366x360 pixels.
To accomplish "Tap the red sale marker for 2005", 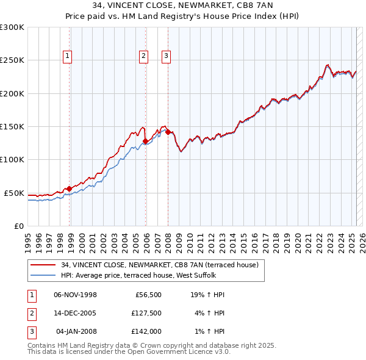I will click(145, 142).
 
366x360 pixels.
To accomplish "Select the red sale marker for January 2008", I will click(168, 132).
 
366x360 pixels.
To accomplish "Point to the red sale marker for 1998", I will click(69, 189).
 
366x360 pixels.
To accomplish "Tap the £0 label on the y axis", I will click(19, 226).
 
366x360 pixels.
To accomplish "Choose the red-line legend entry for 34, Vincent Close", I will click(160, 265).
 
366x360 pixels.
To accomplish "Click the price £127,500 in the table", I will click(146, 313).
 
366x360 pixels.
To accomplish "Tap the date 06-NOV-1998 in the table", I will click(75, 295).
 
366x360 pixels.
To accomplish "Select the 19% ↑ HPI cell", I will click(207, 295).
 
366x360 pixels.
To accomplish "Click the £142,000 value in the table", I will click(146, 331).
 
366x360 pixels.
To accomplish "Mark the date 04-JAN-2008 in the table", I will click(76, 331).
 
